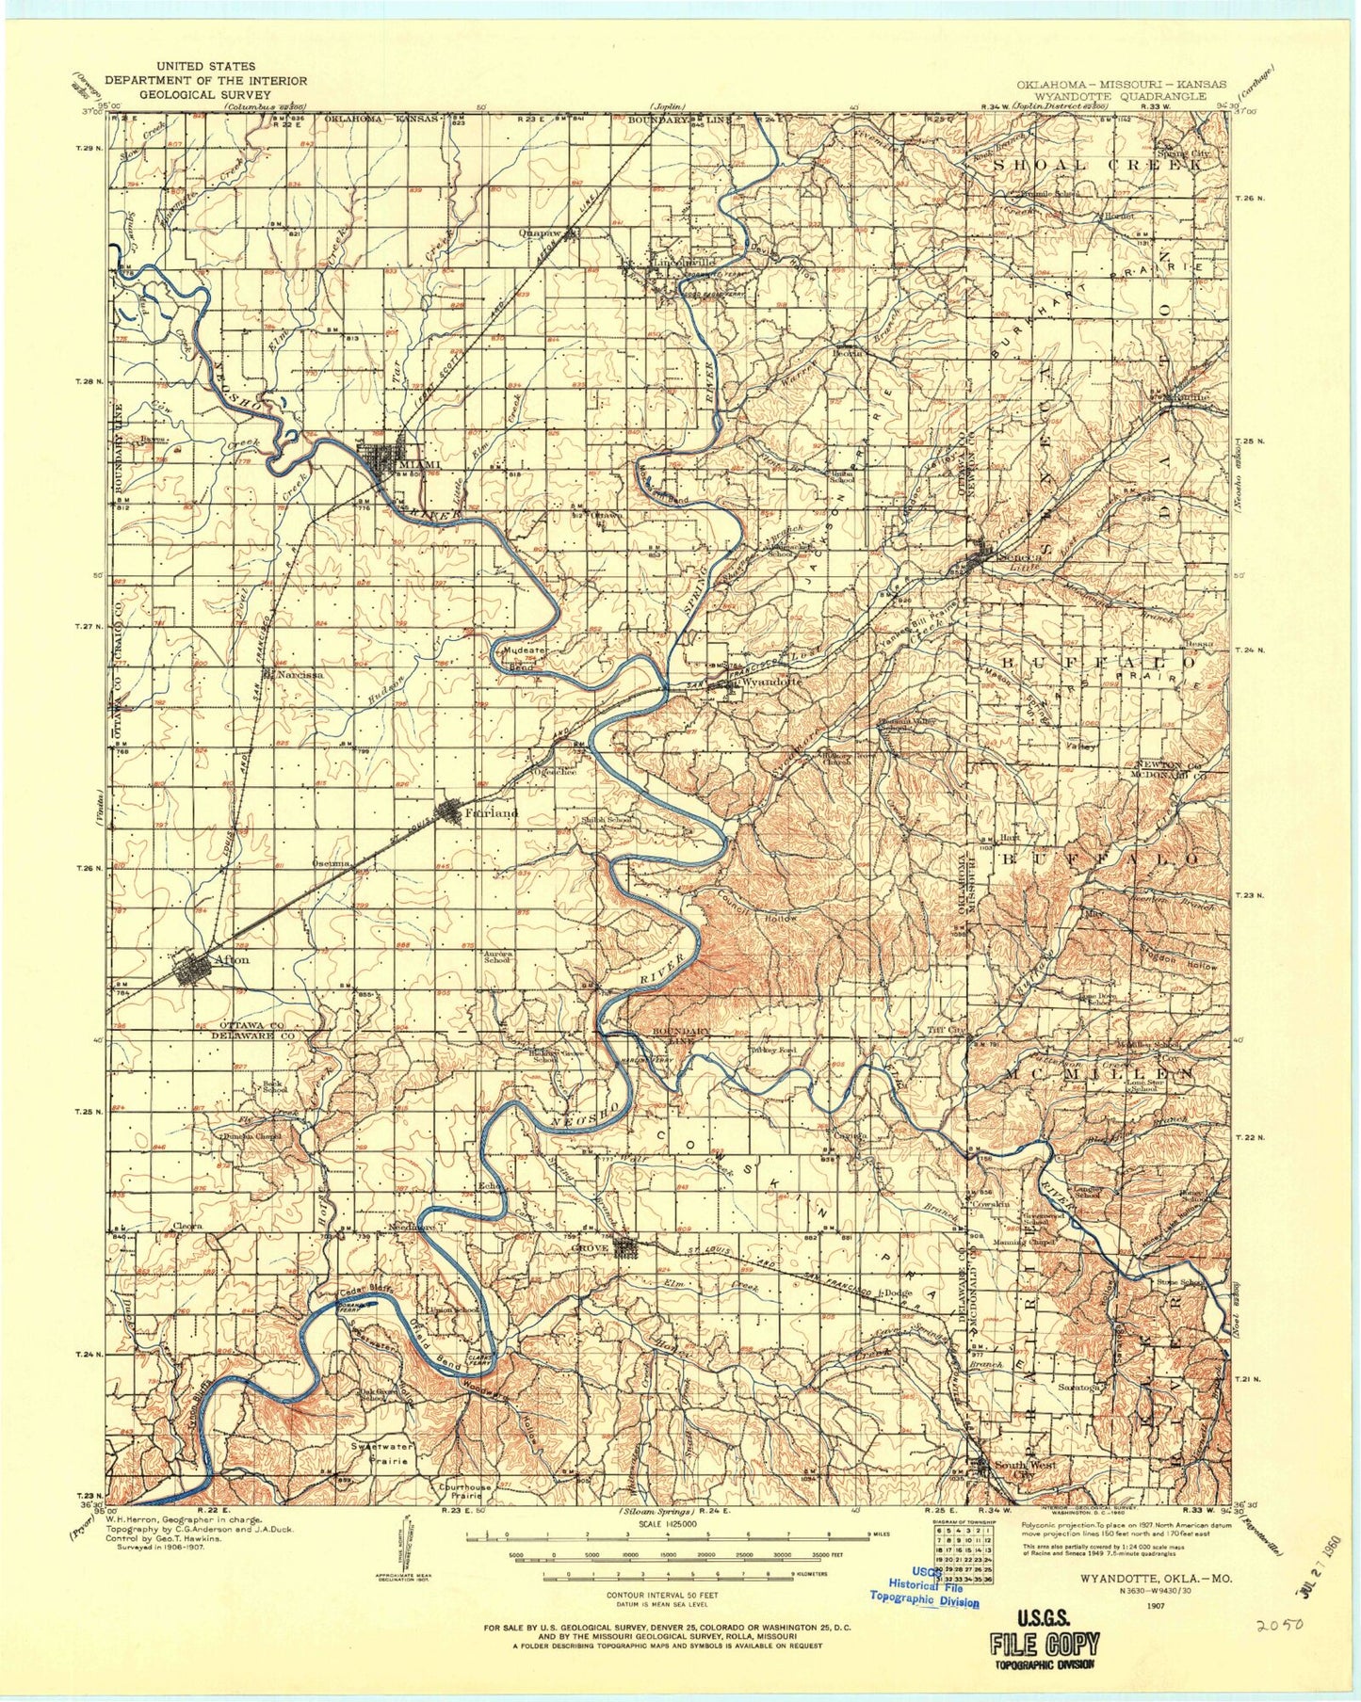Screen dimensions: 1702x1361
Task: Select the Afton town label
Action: tap(232, 959)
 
